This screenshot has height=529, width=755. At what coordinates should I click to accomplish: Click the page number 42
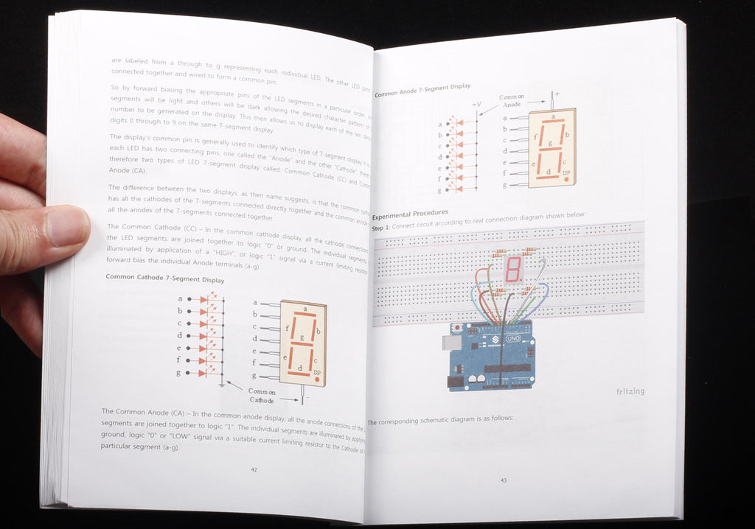point(254,469)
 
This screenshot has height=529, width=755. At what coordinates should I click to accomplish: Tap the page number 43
point(504,480)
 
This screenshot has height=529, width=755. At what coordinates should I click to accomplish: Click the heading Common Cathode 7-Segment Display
point(165,278)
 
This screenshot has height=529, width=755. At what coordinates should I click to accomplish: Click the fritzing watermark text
point(630,391)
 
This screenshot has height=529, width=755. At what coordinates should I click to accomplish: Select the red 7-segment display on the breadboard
point(514,269)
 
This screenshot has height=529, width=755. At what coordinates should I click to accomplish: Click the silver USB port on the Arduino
point(451,343)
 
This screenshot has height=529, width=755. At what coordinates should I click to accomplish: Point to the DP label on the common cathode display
point(317,373)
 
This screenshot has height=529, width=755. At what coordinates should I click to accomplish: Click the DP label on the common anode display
point(566,174)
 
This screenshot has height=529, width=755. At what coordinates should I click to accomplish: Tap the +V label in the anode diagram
point(476,105)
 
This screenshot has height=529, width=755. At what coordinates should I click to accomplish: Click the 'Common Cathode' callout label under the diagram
point(261,396)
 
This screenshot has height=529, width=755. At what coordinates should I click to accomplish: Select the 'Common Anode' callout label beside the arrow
point(512,101)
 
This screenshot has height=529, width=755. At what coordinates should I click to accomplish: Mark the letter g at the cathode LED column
point(180,374)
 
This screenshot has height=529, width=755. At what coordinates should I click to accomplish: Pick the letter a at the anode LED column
point(439,124)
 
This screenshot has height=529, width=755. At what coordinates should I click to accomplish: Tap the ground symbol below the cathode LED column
point(222,384)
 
